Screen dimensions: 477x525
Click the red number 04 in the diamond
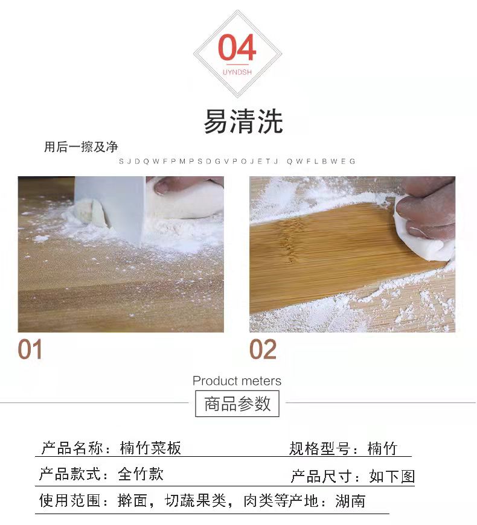click(x=237, y=47)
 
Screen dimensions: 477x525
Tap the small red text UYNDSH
click(x=237, y=72)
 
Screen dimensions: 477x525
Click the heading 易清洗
click(x=243, y=121)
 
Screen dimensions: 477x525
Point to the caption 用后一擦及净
click(x=81, y=147)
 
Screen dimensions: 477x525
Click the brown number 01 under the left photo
click(x=30, y=349)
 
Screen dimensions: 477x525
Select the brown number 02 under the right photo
click(x=263, y=349)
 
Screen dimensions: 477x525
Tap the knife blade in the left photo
click(x=110, y=208)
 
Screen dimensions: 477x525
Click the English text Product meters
click(x=237, y=381)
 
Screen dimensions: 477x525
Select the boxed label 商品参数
click(x=237, y=404)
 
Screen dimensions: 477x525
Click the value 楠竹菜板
click(x=150, y=448)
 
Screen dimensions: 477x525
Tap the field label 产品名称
click(x=71, y=448)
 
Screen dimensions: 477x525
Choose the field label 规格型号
click(x=319, y=448)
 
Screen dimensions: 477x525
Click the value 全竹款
click(x=141, y=474)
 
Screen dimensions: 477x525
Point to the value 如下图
click(x=392, y=476)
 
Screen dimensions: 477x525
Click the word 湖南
click(x=350, y=501)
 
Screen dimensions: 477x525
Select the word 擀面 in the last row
click(x=133, y=501)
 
